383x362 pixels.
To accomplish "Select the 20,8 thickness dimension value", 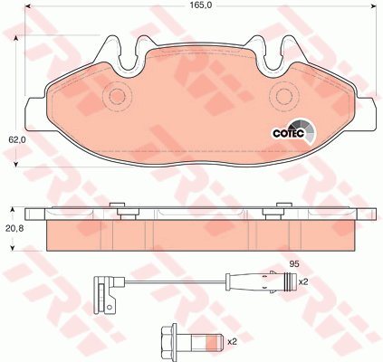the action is [x=14, y=228].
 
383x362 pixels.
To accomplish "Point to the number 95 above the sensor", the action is [x=294, y=264].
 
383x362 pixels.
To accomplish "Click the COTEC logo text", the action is [x=288, y=133].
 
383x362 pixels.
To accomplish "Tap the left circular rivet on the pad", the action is [x=117, y=96].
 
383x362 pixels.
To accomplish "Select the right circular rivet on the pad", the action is [x=284, y=96].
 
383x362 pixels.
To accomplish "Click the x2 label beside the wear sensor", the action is [x=302, y=282].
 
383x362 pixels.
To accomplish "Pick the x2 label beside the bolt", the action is [x=232, y=342].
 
